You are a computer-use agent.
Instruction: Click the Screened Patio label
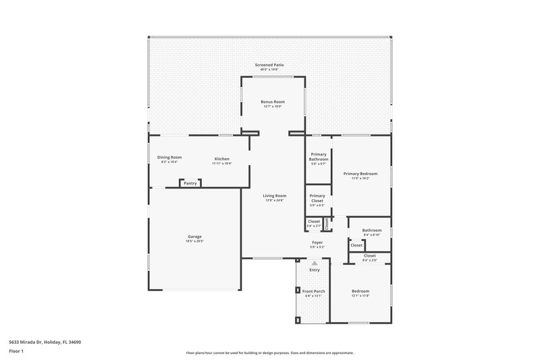tap(269, 65)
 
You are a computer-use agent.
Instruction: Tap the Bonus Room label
tap(273, 102)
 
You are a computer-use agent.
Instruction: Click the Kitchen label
tap(222, 158)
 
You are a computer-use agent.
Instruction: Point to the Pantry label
tap(190, 183)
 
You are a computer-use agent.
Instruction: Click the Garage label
tap(194, 236)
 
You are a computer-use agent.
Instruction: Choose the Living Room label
tap(275, 196)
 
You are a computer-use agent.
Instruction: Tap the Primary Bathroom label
tap(318, 156)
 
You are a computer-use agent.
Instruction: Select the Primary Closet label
tap(317, 198)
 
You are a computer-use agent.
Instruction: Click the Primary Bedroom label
tap(361, 174)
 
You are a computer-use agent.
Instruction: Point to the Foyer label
tap(317, 242)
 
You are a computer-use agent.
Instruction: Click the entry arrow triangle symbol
tap(314, 262)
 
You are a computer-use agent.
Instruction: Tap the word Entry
tap(315, 270)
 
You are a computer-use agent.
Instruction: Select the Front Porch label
tap(313, 291)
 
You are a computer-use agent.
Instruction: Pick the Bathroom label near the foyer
tap(371, 230)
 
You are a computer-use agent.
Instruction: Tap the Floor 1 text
tap(16, 351)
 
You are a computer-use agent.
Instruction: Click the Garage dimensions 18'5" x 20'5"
tap(194, 240)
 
